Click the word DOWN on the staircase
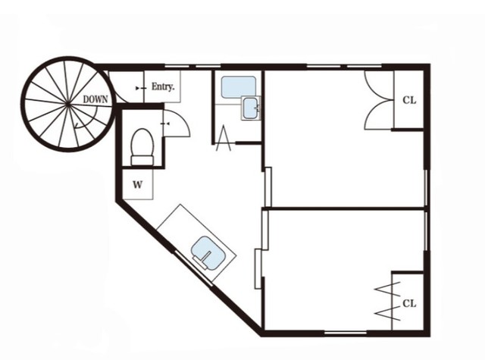(x=95, y=99)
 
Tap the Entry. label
(x=163, y=86)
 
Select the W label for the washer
(x=138, y=185)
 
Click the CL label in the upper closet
(x=409, y=100)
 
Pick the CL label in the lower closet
(x=409, y=303)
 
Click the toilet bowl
(x=142, y=142)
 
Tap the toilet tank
(x=142, y=161)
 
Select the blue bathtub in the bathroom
(x=239, y=87)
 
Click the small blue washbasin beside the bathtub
(x=251, y=108)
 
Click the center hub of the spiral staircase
(x=68, y=105)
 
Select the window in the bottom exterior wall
(x=346, y=333)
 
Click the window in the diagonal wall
(x=194, y=268)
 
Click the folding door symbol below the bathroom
(x=224, y=138)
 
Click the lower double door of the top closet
(x=379, y=114)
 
